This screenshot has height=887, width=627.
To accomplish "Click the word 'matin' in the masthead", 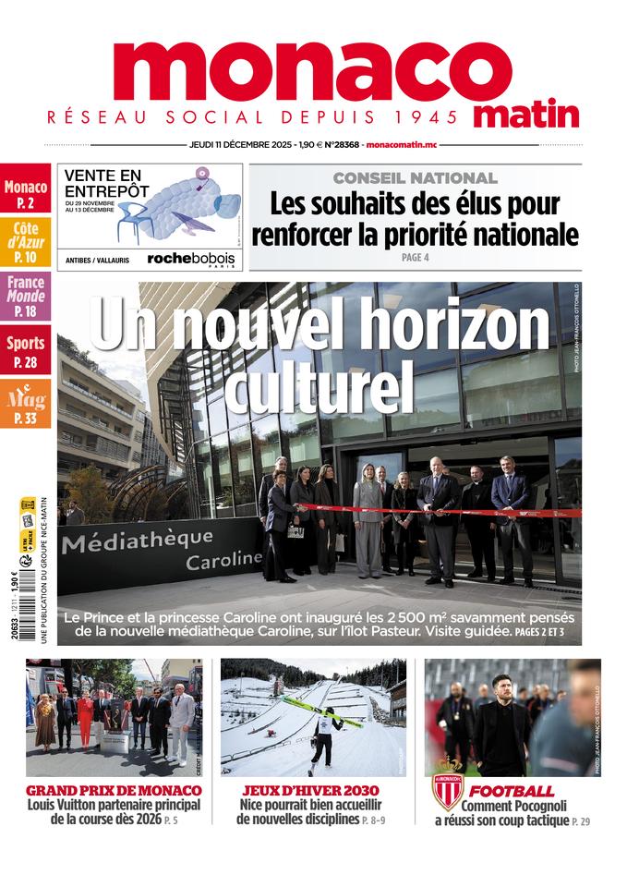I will click(x=527, y=115).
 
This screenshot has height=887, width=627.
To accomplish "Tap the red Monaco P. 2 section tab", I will click(x=25, y=193).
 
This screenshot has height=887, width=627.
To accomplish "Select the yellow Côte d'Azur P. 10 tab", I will click(x=25, y=242).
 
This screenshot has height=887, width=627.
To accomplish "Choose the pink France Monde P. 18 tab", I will click(x=25, y=296).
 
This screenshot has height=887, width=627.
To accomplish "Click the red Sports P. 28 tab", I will click(x=25, y=351).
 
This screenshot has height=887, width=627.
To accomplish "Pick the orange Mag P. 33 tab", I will click(x=25, y=405).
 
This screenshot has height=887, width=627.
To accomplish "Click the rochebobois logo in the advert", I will click(x=191, y=260).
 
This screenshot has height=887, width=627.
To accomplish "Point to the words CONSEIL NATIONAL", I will click(x=415, y=177).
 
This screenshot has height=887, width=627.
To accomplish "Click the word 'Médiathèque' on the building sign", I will click(x=139, y=540).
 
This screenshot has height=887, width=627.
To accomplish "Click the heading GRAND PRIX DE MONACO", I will click(x=114, y=791).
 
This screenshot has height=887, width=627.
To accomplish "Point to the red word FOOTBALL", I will click(x=511, y=791).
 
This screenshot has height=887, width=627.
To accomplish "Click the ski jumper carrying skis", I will click(x=322, y=735).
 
